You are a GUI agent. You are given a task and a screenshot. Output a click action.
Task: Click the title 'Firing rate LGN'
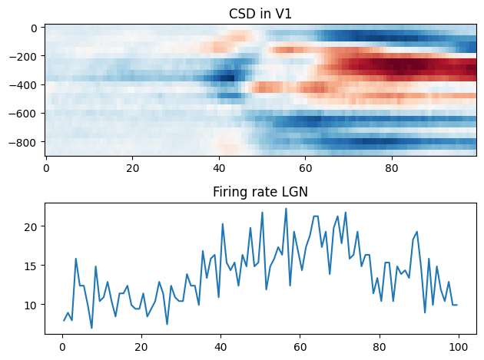(x=260, y=192)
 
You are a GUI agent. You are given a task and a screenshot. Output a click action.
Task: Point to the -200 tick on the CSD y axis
(x=29, y=57)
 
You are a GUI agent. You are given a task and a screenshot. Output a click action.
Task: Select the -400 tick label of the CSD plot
(x=29, y=85)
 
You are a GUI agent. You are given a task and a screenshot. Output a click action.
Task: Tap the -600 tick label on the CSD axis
(x=29, y=114)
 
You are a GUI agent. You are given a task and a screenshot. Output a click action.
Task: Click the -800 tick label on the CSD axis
(x=29, y=142)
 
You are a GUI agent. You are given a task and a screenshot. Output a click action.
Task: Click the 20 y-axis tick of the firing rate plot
(x=32, y=226)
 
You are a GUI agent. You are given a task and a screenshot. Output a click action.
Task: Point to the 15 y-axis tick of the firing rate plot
(x=32, y=266)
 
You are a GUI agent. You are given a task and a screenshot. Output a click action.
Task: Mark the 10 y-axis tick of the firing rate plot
(x=32, y=305)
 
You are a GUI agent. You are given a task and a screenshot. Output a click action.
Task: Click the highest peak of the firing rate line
(x=286, y=209)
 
